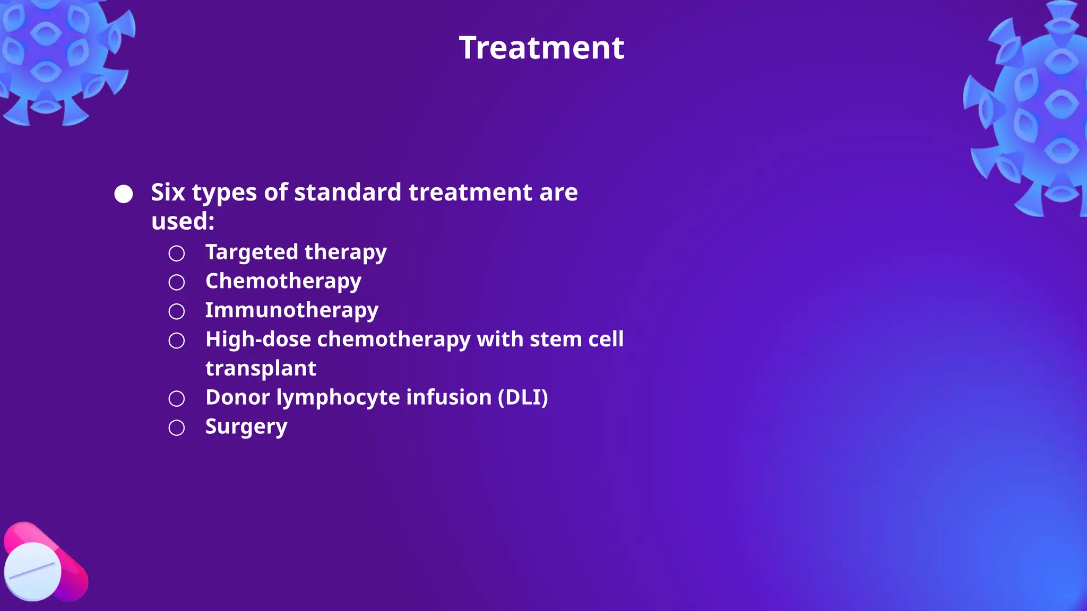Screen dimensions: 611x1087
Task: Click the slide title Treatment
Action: click(541, 48)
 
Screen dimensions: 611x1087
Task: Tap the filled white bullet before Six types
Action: click(124, 194)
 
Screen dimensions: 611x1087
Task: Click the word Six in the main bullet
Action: click(168, 192)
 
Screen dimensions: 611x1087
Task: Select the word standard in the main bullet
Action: click(348, 192)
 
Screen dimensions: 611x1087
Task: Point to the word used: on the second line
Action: click(183, 221)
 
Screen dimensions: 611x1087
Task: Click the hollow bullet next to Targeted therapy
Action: click(177, 253)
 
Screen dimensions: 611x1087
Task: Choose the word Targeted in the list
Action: click(252, 252)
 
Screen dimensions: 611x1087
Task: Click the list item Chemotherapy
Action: click(283, 281)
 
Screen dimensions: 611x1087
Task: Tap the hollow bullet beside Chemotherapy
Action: click(177, 282)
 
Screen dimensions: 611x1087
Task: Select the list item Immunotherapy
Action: click(291, 310)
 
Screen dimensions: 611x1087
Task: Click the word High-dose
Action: click(258, 339)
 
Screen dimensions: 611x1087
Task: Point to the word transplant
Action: click(261, 369)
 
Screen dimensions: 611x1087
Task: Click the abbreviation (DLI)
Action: click(523, 397)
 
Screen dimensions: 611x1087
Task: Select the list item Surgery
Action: click(246, 427)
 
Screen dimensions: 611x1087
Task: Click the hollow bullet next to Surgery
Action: click(177, 427)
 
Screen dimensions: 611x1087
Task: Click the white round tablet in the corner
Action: click(32, 571)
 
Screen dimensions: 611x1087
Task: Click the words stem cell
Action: click(576, 339)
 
